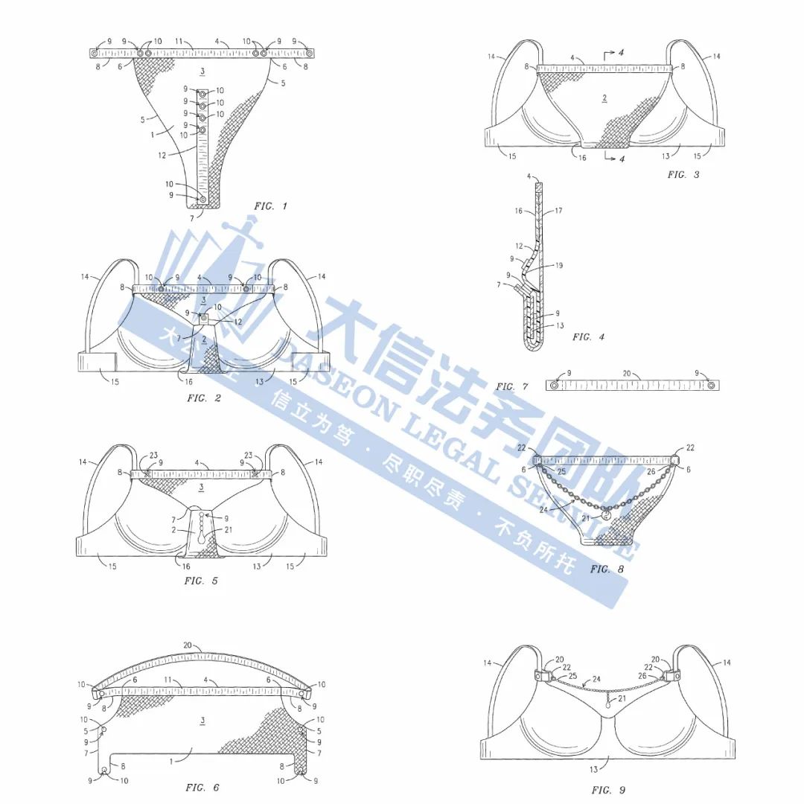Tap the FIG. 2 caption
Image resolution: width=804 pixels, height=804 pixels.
pyautogui.click(x=204, y=398)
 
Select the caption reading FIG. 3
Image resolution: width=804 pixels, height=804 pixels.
pyautogui.click(x=683, y=175)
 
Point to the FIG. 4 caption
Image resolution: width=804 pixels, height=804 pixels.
pyautogui.click(x=588, y=337)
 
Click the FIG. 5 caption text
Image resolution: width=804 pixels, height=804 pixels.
pyautogui.click(x=201, y=581)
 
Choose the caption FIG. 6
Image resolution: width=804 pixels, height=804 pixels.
pyautogui.click(x=202, y=788)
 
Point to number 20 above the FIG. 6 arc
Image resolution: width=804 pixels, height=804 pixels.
pyautogui.click(x=188, y=646)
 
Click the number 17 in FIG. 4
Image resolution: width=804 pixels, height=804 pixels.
pyautogui.click(x=558, y=211)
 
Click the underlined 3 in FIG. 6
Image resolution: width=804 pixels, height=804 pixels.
pyautogui.click(x=202, y=720)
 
